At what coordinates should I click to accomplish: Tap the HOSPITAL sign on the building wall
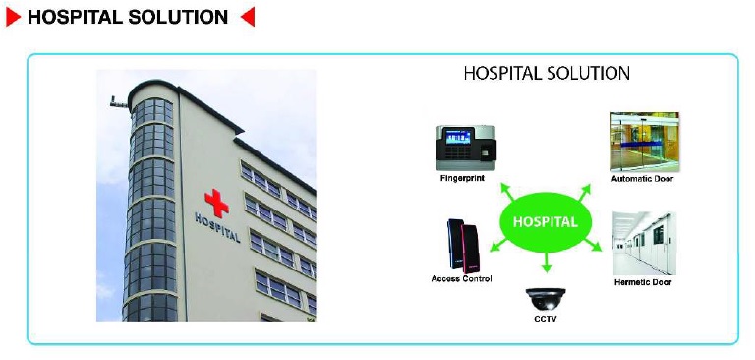pyautogui.click(x=217, y=228)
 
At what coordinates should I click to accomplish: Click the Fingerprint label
pyautogui.click(x=463, y=179)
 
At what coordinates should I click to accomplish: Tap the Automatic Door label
pyautogui.click(x=643, y=179)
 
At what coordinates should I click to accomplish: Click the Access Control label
pyautogui.click(x=462, y=279)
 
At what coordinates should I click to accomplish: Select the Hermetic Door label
pyautogui.click(x=643, y=283)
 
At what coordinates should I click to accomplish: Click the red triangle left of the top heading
pyautogui.click(x=15, y=17)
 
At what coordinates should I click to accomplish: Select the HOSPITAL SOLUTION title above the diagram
pyautogui.click(x=547, y=73)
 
